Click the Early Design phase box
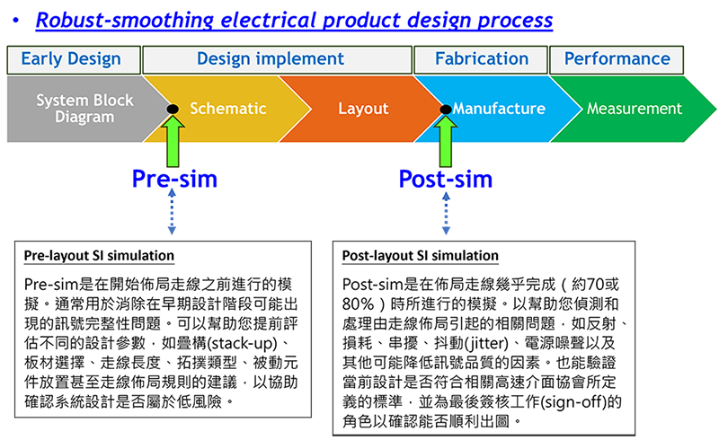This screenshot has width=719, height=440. [x=74, y=59]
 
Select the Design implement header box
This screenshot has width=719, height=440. [x=278, y=59]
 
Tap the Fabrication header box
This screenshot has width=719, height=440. [x=481, y=59]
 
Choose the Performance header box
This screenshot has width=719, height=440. [x=617, y=59]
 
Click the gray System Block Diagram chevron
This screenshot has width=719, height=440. [x=83, y=109]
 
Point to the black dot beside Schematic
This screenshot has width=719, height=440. [x=173, y=109]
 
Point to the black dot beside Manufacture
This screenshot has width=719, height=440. [x=446, y=109]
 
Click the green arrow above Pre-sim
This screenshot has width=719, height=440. [x=173, y=141]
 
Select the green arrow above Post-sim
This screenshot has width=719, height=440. [x=445, y=141]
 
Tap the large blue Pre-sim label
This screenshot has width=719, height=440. [x=174, y=179]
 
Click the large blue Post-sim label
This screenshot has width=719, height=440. [x=446, y=179]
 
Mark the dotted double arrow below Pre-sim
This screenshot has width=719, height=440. [x=172, y=212]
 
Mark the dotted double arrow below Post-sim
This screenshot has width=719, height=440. [x=446, y=213]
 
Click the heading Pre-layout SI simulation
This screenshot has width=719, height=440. [x=99, y=256]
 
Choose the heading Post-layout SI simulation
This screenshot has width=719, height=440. [x=420, y=256]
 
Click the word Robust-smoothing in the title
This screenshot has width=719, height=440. [x=125, y=20]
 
